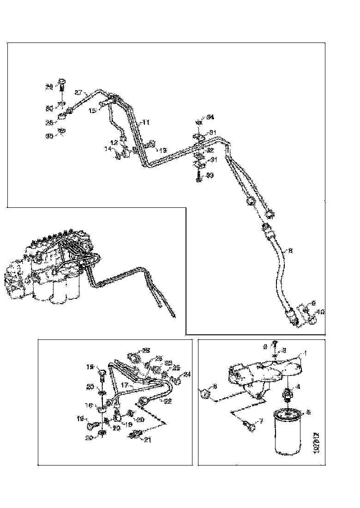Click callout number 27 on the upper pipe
pyautogui.click(x=78, y=92)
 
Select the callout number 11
pyautogui.click(x=145, y=122)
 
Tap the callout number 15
pyautogui.click(x=92, y=111)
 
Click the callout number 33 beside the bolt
pyautogui.click(x=210, y=175)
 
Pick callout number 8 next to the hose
pyautogui.click(x=290, y=251)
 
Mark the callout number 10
pyautogui.click(x=322, y=312)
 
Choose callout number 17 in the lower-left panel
pyautogui.click(x=124, y=384)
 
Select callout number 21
pyautogui.click(x=147, y=439)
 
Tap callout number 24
pyautogui.click(x=187, y=374)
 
